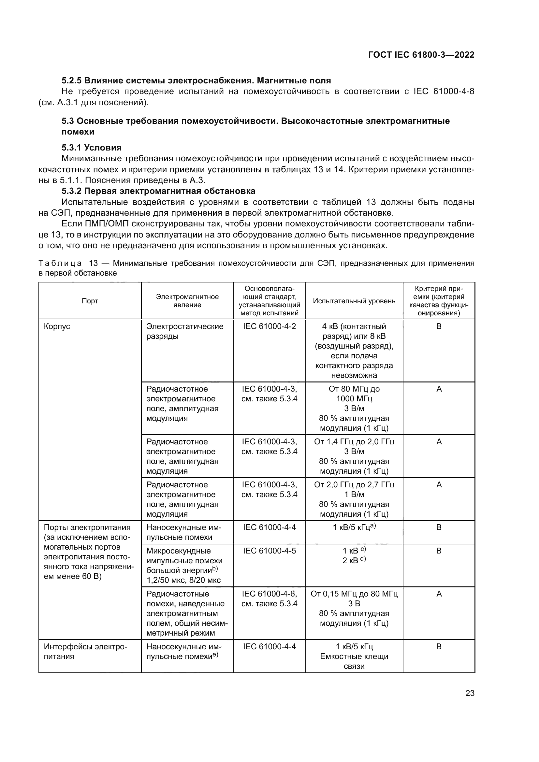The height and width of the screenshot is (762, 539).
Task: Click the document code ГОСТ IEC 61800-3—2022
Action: click(421, 55)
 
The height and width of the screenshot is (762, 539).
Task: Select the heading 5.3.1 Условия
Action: click(92, 147)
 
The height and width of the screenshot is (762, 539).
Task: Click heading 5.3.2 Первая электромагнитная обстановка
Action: click(158, 191)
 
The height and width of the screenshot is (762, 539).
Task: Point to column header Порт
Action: click(90, 301)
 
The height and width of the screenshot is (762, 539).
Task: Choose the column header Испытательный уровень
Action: click(354, 301)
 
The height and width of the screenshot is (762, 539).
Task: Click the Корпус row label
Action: click(57, 326)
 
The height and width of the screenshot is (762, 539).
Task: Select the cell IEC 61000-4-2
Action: click(269, 326)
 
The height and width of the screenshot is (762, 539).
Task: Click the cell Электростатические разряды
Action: click(185, 331)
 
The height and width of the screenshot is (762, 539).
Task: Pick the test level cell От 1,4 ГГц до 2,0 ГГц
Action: click(354, 456)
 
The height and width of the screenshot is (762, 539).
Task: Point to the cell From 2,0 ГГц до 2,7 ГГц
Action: click(354, 499)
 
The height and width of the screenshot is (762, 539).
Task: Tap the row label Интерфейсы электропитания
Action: click(85, 652)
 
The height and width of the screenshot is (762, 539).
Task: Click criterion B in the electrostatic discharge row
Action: click(438, 326)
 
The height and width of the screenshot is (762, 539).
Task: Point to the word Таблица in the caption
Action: click(60, 264)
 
